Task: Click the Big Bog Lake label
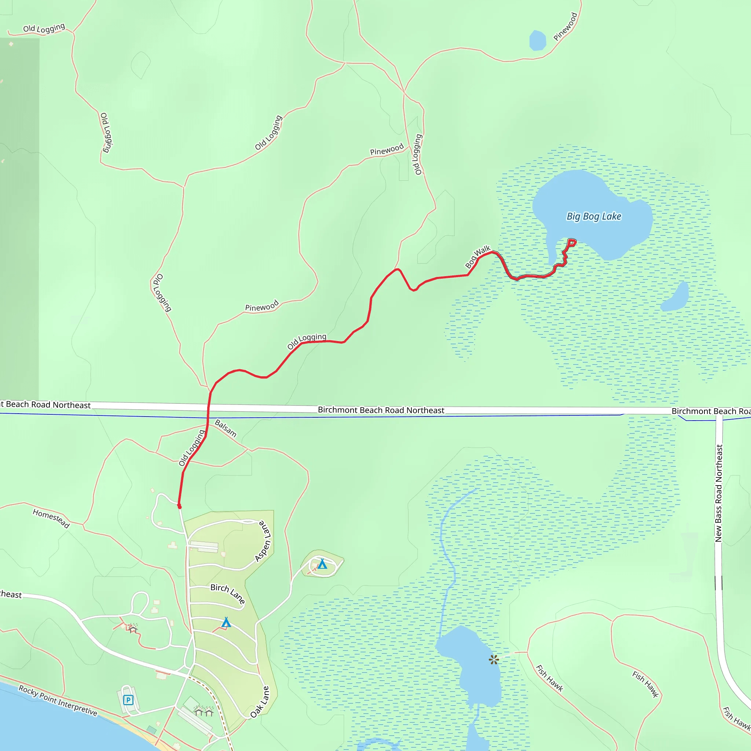click(594, 216)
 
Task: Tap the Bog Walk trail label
click(478, 257)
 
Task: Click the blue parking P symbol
click(128, 700)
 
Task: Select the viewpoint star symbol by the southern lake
click(494, 660)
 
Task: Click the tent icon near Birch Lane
click(226, 623)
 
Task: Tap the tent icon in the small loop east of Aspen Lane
click(322, 564)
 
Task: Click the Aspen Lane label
click(263, 541)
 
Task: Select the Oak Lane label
click(260, 702)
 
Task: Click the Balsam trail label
click(226, 428)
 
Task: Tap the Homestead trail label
click(51, 519)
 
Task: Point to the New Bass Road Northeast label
click(719, 493)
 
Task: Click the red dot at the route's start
click(179, 506)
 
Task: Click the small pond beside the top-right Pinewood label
click(538, 40)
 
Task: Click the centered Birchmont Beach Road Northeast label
click(381, 410)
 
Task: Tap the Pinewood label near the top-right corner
click(565, 26)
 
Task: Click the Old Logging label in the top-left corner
click(44, 28)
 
